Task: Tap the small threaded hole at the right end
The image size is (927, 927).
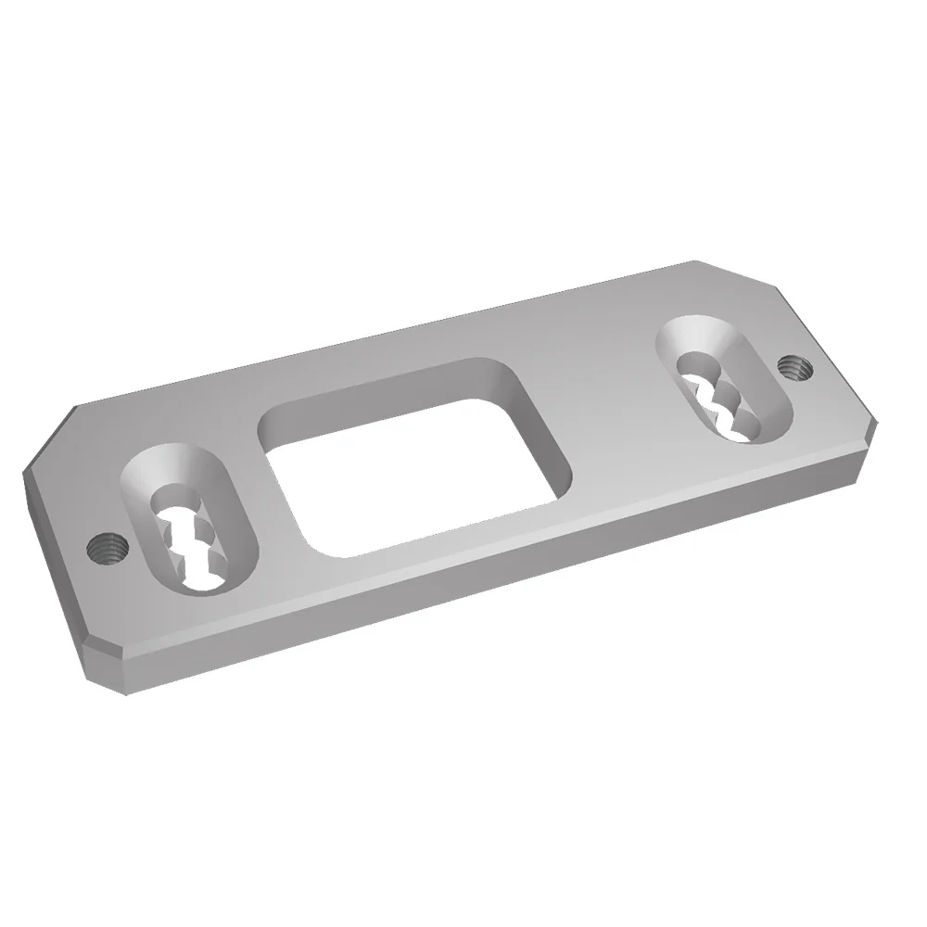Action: click(x=794, y=367)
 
